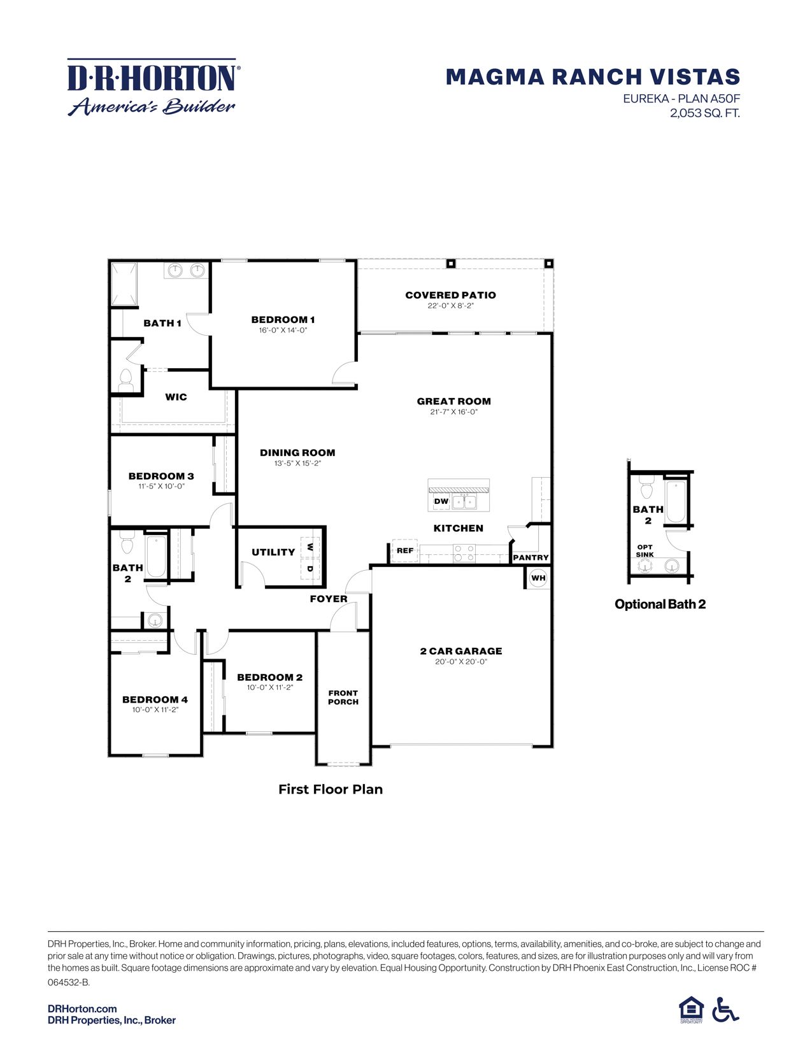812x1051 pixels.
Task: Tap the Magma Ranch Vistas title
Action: tap(592, 77)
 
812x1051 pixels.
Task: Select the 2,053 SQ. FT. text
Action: tap(704, 113)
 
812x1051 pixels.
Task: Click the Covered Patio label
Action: tap(450, 295)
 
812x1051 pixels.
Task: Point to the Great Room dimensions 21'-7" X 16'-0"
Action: tap(453, 412)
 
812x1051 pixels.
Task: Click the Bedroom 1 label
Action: tap(283, 320)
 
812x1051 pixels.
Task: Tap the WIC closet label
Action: tap(176, 397)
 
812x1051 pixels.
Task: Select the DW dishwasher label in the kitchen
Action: tap(441, 501)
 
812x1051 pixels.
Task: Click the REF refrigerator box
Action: tap(405, 550)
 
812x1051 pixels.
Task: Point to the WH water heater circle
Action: tap(538, 578)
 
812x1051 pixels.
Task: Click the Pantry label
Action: tap(531, 557)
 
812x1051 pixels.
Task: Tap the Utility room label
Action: tap(273, 552)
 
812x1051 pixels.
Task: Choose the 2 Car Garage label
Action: tap(461, 651)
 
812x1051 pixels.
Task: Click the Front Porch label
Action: tap(343, 697)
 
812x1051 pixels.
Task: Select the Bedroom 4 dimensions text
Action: tap(155, 710)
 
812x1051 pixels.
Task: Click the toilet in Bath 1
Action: tap(125, 380)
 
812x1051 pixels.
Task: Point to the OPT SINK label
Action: tap(645, 551)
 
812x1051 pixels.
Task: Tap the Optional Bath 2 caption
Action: tap(660, 604)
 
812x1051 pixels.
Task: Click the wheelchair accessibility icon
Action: tap(725, 1010)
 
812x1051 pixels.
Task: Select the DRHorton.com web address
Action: tap(82, 1008)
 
